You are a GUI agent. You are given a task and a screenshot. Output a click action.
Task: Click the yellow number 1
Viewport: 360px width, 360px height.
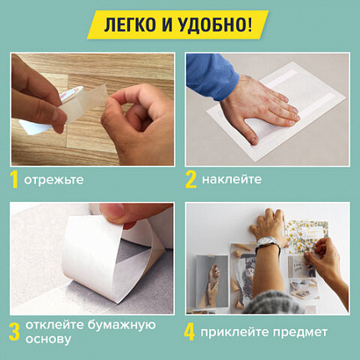point(13,178)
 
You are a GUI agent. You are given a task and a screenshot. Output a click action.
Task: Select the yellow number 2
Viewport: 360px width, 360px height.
point(191,178)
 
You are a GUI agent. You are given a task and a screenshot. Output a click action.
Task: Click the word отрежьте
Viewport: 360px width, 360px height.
point(54,179)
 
